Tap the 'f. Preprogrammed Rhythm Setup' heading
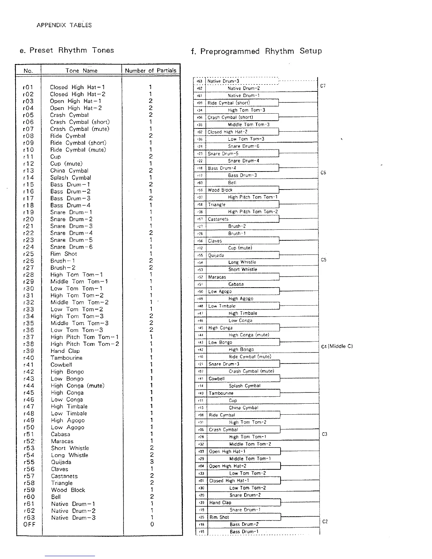(x=256, y=51)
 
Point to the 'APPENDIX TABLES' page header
(x=64, y=25)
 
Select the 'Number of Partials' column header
(x=150, y=71)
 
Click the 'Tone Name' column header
(x=81, y=71)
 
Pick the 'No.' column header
(x=28, y=71)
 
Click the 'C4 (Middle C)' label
(x=337, y=346)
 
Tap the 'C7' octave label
(x=323, y=86)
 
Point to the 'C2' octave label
(x=325, y=522)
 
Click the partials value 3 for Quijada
(x=151, y=462)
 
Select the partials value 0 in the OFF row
(x=152, y=524)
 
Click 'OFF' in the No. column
(x=29, y=524)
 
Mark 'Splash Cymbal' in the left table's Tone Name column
(x=71, y=178)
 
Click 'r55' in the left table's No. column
(x=29, y=462)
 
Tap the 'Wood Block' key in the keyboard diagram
(x=220, y=190)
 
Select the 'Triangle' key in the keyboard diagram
(x=217, y=205)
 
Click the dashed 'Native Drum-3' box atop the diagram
(x=223, y=81)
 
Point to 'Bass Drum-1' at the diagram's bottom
(x=244, y=531)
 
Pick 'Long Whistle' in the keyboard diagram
(x=242, y=262)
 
